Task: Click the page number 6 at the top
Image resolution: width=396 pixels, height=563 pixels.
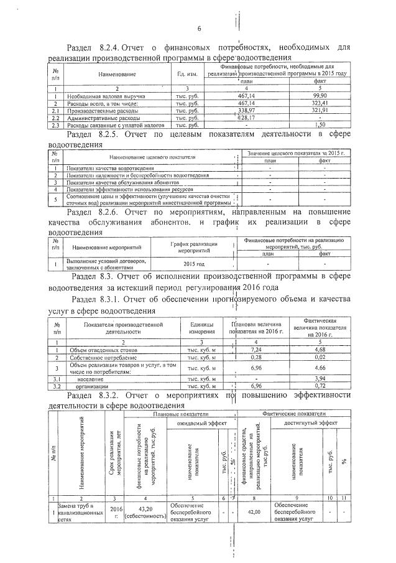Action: (199, 28)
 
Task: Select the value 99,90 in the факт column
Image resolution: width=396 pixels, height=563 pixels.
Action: (321, 96)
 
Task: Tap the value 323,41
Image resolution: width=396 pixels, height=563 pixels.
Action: (321, 103)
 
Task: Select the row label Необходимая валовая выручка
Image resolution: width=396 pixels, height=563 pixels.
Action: (106, 96)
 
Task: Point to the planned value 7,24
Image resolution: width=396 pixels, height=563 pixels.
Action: (257, 350)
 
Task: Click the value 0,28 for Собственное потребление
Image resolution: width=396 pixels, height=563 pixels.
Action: (257, 357)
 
